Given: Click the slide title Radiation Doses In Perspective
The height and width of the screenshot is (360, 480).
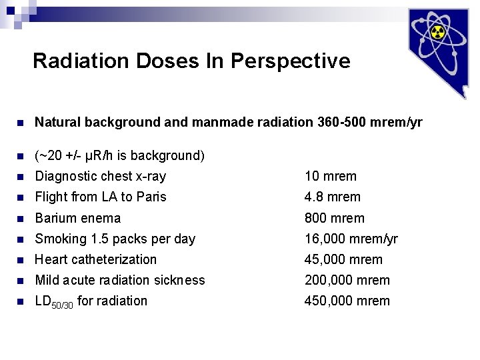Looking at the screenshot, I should click(191, 61).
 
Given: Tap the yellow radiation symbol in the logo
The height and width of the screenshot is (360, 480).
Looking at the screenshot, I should click(437, 33).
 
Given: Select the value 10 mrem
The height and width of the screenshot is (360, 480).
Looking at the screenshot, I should click(331, 177).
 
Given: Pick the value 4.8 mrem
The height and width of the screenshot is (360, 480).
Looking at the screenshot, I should click(333, 197).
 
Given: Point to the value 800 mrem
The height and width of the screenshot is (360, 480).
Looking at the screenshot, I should click(335, 218).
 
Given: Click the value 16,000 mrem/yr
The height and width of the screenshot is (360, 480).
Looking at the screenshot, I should click(351, 239).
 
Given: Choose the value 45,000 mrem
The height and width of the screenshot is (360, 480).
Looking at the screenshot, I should click(343, 259).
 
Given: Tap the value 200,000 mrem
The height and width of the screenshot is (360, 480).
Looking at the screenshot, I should click(347, 280).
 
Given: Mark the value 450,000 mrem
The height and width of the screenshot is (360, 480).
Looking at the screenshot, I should click(347, 301).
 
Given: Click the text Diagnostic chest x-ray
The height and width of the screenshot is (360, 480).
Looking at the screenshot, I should click(100, 177).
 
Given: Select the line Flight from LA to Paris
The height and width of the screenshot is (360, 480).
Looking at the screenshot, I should click(101, 197).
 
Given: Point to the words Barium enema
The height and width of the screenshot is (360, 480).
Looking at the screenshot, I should click(78, 218).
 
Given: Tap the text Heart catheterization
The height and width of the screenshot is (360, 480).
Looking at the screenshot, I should click(96, 259).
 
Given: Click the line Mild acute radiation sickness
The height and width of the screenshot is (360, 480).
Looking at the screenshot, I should click(120, 280).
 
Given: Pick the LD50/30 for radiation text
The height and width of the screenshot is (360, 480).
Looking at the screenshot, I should click(91, 301).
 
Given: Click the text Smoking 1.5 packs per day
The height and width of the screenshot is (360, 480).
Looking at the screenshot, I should click(115, 239).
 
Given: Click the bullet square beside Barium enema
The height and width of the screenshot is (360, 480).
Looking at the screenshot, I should click(20, 219).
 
